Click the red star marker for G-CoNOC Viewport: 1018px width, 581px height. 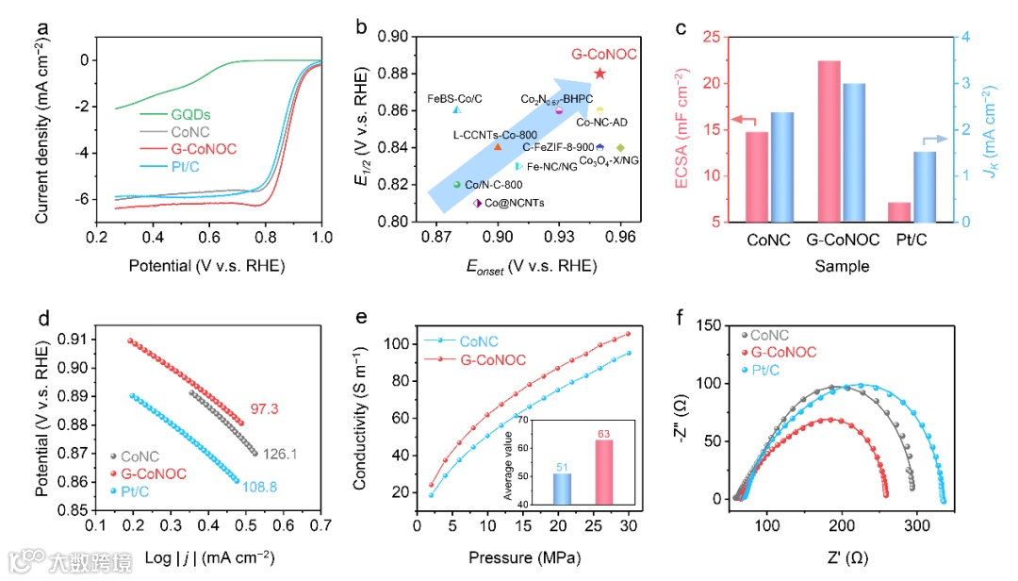[599, 74]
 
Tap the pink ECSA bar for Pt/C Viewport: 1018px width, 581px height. [873, 211]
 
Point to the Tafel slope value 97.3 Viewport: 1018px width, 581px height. [264, 409]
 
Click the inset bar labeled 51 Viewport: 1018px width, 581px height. [562, 488]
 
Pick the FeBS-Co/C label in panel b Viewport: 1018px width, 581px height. [454, 98]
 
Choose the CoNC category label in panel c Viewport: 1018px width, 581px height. [769, 241]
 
